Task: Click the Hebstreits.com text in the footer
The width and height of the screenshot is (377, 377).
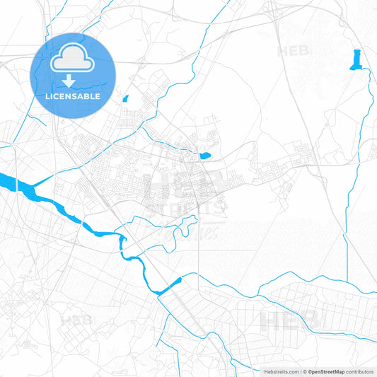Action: tap(277, 371)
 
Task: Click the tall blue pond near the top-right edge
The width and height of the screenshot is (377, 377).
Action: tap(356, 59)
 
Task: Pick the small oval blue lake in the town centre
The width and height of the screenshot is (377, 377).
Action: tap(205, 156)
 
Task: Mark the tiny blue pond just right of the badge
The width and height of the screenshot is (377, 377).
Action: tap(126, 99)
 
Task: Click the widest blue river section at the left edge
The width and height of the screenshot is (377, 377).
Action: tap(18, 185)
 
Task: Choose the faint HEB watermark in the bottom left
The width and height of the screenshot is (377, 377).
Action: tap(76, 320)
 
